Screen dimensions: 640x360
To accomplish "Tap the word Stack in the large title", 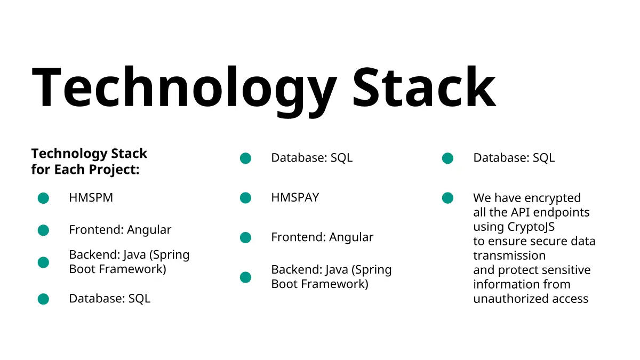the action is pos(425,86).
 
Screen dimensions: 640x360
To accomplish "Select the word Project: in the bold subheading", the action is pos(114,170).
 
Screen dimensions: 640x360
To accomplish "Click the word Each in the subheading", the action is pos(69,169).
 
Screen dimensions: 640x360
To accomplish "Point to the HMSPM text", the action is pos(91,197).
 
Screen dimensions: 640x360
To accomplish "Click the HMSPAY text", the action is pos(295,197).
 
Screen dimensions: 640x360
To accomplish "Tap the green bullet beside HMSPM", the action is pos(43,198).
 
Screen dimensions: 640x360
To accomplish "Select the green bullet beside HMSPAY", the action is pos(245,198).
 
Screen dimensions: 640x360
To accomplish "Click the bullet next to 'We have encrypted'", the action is pos(447,198).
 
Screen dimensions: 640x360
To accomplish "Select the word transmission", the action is pos(509,255).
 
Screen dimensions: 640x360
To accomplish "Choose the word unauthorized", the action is pos(511,299).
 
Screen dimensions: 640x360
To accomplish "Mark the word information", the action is pos(505,284).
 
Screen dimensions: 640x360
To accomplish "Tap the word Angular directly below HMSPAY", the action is pos(351,238).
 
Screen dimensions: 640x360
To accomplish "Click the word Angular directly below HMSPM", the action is pos(149,230).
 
